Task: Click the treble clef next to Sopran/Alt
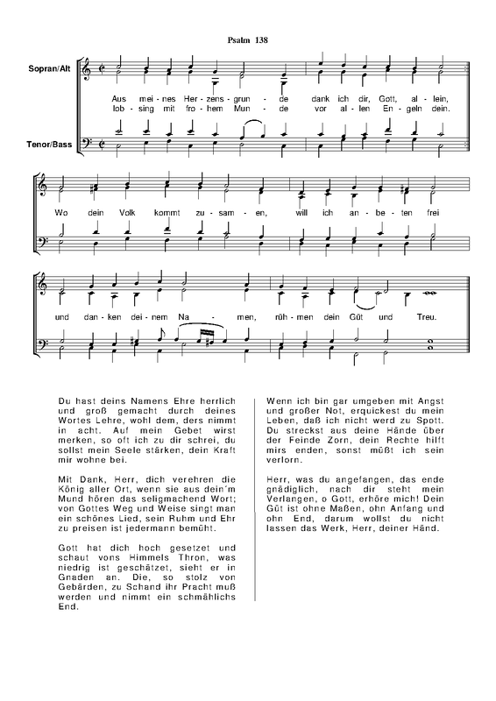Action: [x=86, y=67]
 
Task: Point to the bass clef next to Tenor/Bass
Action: [x=86, y=141]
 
